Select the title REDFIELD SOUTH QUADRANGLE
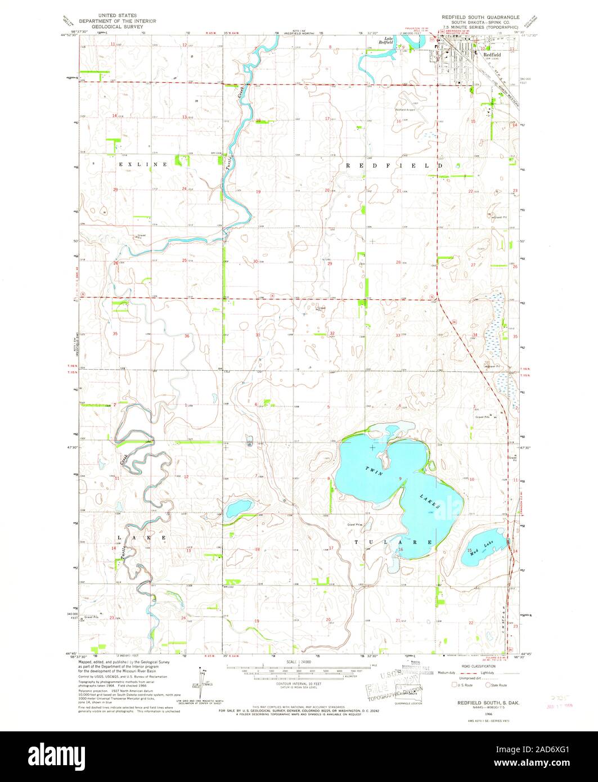coord(480,17)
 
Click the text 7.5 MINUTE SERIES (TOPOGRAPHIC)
coord(480,26)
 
